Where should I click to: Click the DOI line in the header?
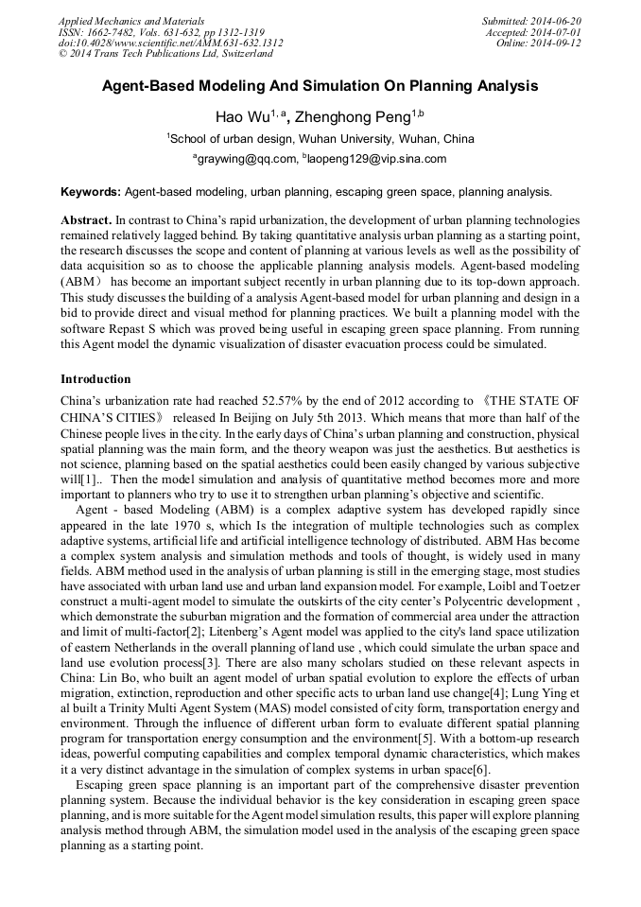(170, 43)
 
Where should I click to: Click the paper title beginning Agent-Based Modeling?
(320, 85)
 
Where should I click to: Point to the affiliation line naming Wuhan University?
(321, 138)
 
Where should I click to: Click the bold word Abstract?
(86, 219)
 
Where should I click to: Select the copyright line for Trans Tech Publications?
(165, 54)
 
